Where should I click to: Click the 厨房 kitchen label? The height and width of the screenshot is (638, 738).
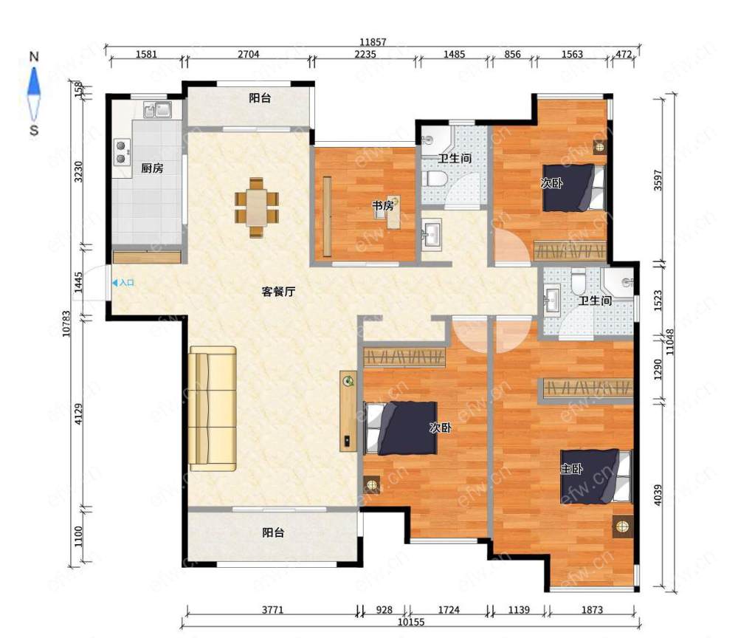click(x=152, y=168)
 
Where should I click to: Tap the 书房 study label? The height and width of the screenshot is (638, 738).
click(x=382, y=206)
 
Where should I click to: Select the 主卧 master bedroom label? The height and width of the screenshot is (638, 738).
click(x=571, y=468)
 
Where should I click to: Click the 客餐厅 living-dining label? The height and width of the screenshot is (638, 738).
click(x=278, y=292)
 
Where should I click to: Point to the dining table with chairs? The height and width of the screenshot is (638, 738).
click(x=257, y=207)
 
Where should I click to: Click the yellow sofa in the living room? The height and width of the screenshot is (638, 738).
click(x=213, y=408)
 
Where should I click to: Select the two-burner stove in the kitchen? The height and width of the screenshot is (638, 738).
click(x=122, y=151)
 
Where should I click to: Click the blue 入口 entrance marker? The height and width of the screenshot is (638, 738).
click(x=123, y=283)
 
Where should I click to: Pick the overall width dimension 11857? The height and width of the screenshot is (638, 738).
click(x=373, y=42)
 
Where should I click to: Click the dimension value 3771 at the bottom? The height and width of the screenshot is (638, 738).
click(x=272, y=610)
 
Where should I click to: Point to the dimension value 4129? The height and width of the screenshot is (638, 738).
click(x=79, y=414)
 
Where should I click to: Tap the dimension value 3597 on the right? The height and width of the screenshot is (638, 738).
click(x=658, y=180)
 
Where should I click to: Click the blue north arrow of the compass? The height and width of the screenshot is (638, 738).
click(x=34, y=83)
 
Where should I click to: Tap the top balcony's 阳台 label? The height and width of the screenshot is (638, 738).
click(x=260, y=98)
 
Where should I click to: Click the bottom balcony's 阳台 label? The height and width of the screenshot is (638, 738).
click(x=273, y=532)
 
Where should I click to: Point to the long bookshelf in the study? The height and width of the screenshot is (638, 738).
click(x=327, y=216)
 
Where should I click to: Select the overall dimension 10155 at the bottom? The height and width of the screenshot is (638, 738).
click(x=411, y=622)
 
